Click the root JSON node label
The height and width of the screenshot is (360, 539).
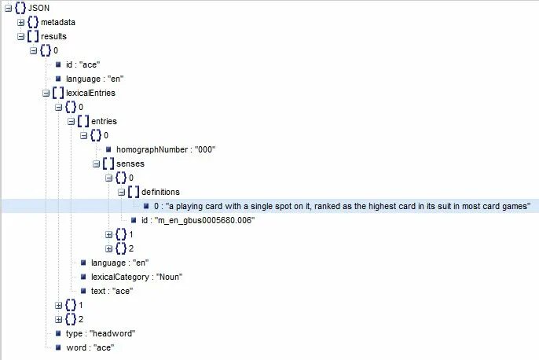pyautogui.click(x=38, y=8)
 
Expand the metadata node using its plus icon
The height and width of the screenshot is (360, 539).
pyautogui.click(x=21, y=22)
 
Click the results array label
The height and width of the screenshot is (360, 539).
pyautogui.click(x=53, y=36)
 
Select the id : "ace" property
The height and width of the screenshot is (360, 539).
pyautogui.click(x=83, y=64)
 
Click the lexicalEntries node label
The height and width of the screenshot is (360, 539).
pyautogui.click(x=91, y=93)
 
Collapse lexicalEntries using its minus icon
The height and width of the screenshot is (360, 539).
pyautogui.click(x=46, y=93)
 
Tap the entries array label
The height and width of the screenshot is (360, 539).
pyautogui.click(x=104, y=121)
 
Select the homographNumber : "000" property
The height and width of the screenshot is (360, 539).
pyautogui.click(x=165, y=149)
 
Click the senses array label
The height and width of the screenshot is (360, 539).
pyautogui.click(x=130, y=163)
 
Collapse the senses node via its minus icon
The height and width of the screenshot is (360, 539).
pyautogui.click(x=97, y=163)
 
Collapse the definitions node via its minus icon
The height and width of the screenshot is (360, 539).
pyautogui.click(x=122, y=192)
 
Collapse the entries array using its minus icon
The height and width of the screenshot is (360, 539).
pyautogui.click(x=71, y=121)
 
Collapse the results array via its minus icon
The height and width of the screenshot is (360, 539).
pyautogui.click(x=21, y=36)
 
